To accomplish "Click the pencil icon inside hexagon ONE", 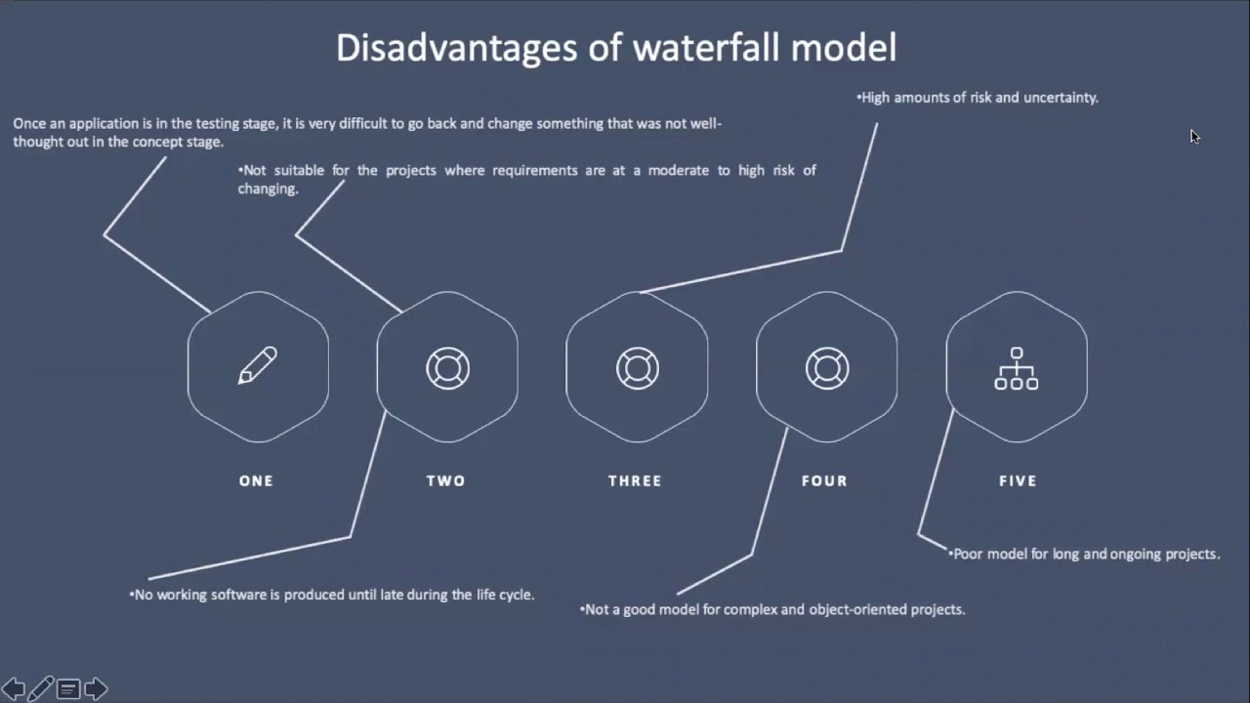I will coord(258,366).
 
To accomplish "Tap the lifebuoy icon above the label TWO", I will coord(447,368).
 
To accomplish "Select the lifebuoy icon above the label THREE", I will coord(637,368).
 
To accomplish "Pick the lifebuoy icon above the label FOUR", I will coord(826,368).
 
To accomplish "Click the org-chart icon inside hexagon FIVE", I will coord(1016,368).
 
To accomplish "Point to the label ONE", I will coord(256,480).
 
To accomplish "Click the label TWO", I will coord(446,480).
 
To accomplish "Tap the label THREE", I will coord(635,480).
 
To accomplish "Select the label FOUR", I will coord(824,480).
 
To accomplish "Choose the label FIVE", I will coord(1018,480).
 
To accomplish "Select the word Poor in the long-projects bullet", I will coord(968,554).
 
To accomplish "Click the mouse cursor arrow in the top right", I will coord(1194,137).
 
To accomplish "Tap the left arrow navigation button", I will coord(14,689).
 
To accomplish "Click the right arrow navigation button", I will coord(96,689).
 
